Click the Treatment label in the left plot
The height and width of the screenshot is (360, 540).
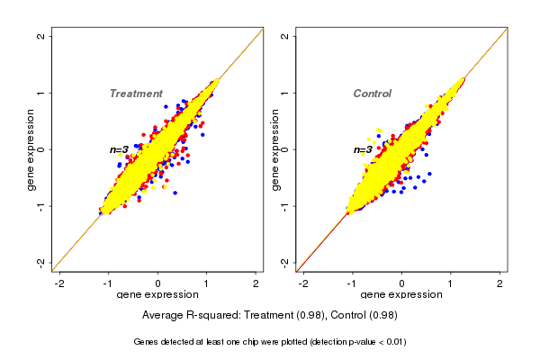click(136, 94)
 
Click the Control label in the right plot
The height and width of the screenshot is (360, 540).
click(372, 94)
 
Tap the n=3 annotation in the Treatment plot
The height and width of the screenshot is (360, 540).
click(119, 149)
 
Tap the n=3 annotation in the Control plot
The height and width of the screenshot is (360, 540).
click(363, 149)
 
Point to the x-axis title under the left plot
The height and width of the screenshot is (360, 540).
click(157, 295)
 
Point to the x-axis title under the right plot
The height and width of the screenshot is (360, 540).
click(401, 295)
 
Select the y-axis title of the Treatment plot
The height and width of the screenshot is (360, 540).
click(31, 149)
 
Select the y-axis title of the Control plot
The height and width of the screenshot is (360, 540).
click(275, 149)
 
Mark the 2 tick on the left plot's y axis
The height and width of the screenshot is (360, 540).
click(41, 36)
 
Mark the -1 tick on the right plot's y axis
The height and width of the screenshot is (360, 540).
click(285, 205)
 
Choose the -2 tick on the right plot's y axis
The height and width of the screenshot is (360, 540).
click(285, 262)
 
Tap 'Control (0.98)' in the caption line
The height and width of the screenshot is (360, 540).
click(359, 315)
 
